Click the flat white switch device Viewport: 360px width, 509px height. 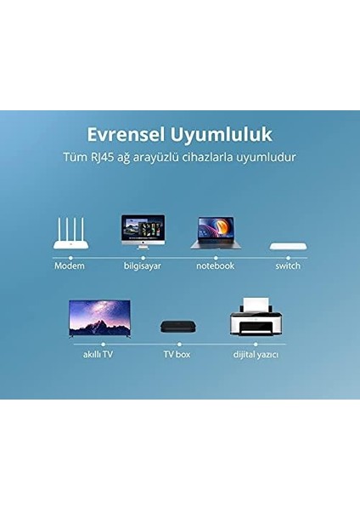[x=288, y=246]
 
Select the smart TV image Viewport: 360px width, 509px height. [x=93, y=319]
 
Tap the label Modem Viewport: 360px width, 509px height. [x=70, y=266]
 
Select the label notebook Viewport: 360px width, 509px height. [x=215, y=266]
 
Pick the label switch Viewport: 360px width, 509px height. [x=288, y=266]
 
